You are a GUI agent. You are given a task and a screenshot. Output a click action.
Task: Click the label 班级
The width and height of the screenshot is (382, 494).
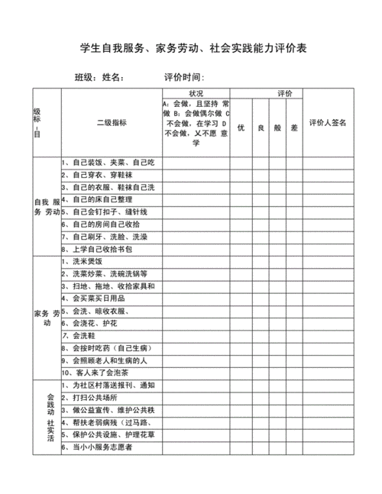click(x=85, y=78)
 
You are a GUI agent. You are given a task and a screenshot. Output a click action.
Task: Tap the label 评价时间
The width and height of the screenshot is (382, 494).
click(x=184, y=78)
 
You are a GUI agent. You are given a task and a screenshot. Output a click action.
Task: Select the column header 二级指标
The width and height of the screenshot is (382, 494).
click(x=112, y=122)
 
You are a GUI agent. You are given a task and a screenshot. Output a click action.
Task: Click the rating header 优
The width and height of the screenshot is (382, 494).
click(x=240, y=128)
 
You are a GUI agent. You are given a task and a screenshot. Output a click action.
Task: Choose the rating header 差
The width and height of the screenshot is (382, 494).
click(x=294, y=128)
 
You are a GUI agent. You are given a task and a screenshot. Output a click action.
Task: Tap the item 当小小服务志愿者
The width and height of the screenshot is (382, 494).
click(x=100, y=447)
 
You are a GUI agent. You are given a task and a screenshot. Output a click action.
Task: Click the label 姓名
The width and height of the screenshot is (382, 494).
click(x=112, y=78)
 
